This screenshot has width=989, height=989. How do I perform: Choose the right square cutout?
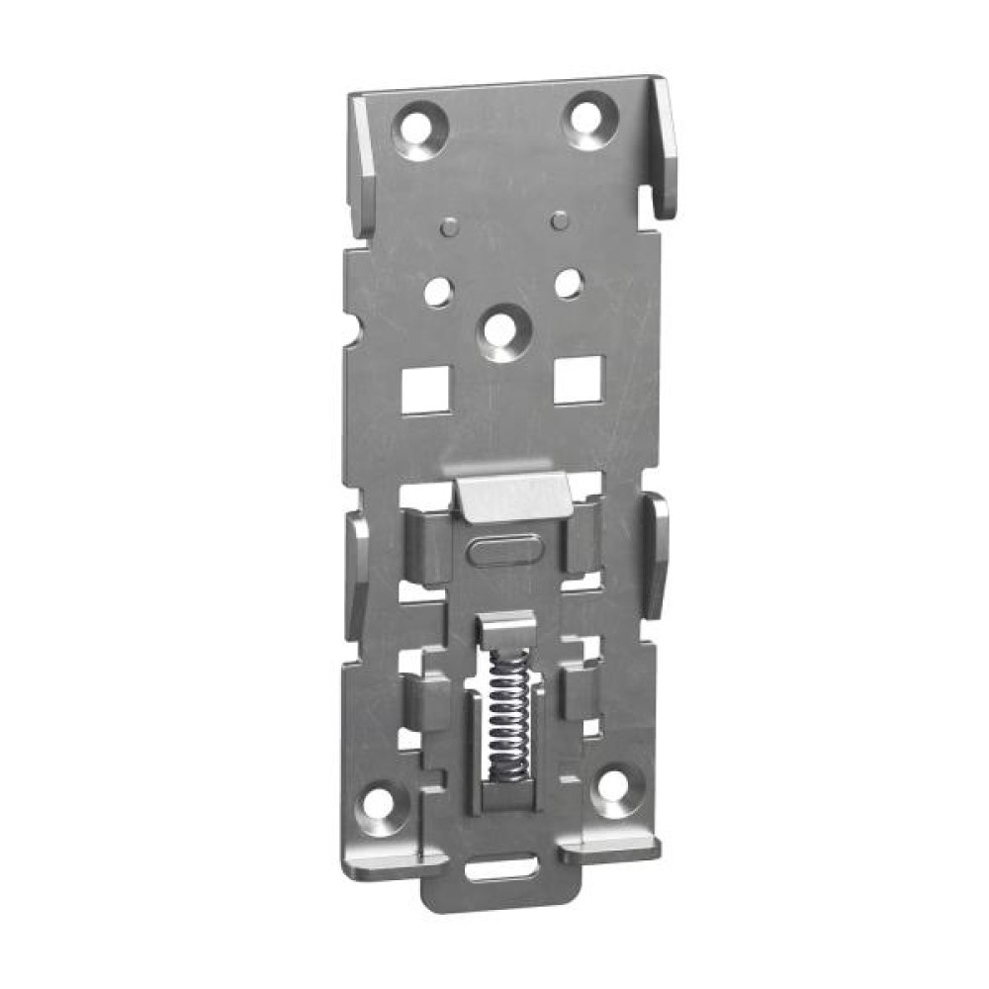576,381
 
